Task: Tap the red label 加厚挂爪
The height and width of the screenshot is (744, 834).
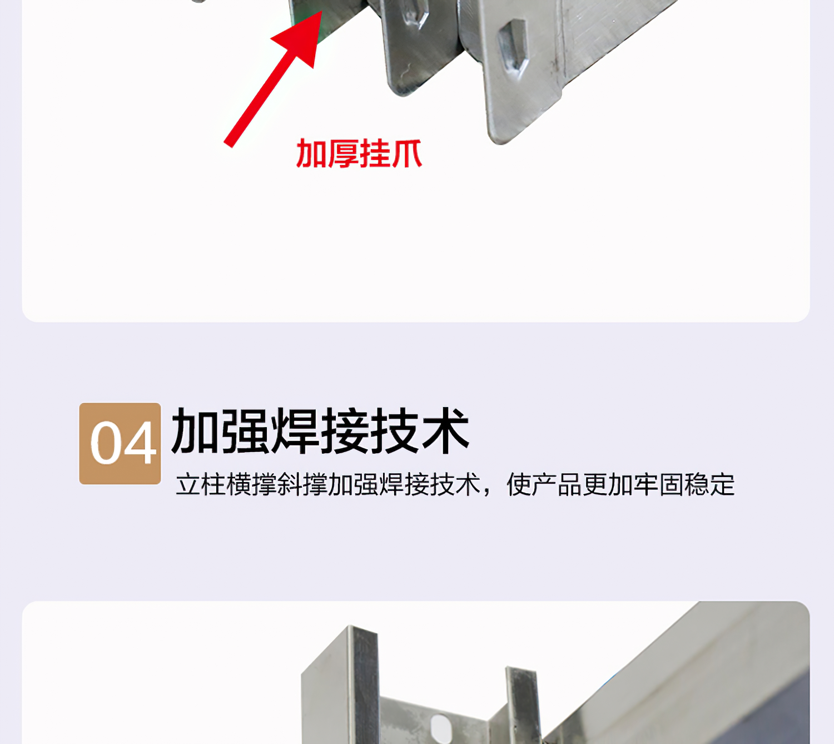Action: click(x=359, y=153)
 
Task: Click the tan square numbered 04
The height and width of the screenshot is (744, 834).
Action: click(x=120, y=443)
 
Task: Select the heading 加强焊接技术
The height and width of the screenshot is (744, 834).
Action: click(x=320, y=430)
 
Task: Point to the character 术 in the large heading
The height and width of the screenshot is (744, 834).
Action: click(x=445, y=430)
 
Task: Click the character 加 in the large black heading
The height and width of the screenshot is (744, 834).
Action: click(x=195, y=430)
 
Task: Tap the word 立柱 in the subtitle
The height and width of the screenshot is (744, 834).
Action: click(x=201, y=485)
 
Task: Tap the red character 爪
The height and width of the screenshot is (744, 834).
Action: click(x=406, y=153)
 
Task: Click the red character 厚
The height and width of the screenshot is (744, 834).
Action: click(x=342, y=153)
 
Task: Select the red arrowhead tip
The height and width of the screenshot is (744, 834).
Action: click(x=322, y=11)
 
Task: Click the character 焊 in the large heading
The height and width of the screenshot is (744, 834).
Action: click(x=294, y=430)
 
